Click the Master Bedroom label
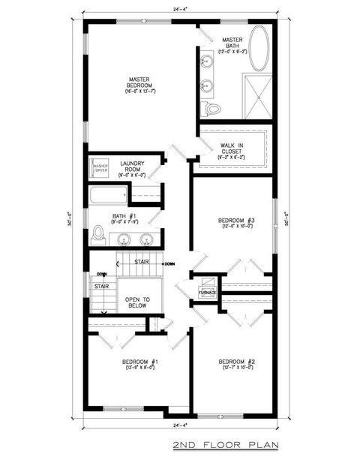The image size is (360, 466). click(x=140, y=83)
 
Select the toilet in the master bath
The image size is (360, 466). click(x=214, y=110)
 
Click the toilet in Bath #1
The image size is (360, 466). click(x=97, y=236)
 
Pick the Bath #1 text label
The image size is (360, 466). click(x=122, y=218)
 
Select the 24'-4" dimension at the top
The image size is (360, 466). click(x=180, y=9)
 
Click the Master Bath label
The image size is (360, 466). click(x=229, y=45)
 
